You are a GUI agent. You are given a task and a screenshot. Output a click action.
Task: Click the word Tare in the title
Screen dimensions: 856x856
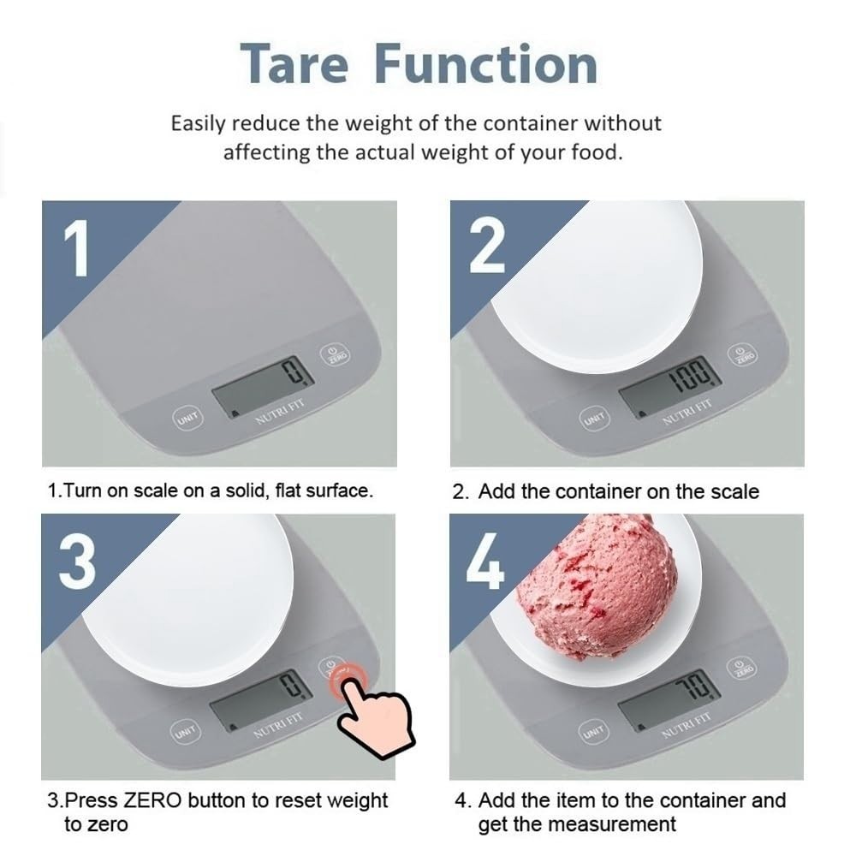tap(295, 64)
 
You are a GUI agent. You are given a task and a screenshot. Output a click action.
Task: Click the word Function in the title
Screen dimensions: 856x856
tap(487, 64)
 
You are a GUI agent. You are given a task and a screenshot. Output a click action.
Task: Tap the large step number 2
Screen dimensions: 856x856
tap(487, 245)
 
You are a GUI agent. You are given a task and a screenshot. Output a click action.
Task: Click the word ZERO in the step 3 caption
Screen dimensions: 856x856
tap(153, 801)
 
